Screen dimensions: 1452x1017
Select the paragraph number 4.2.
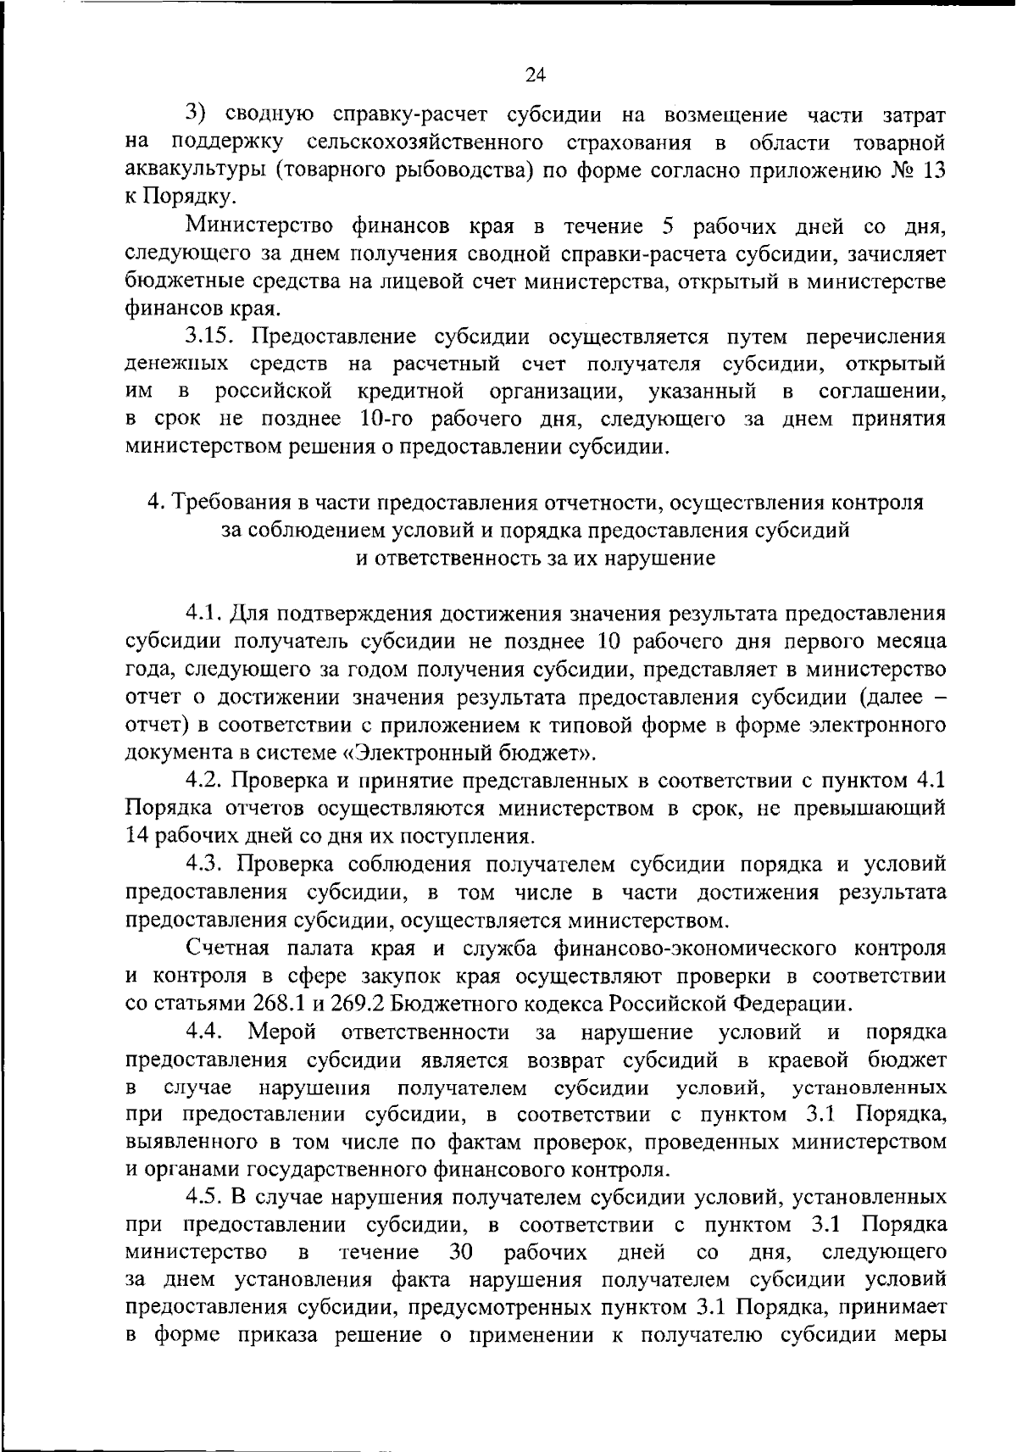[x=204, y=781]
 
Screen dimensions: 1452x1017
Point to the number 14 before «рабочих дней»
[x=137, y=837]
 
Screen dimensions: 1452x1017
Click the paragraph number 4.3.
[x=204, y=865]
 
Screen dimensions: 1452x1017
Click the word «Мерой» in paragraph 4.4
[x=282, y=1032]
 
